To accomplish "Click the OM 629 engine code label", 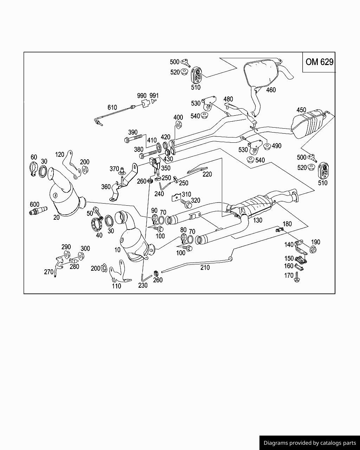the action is (320, 62).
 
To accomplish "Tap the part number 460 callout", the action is (271, 90).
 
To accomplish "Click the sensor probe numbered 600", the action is (38, 211).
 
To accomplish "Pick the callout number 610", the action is (112, 108).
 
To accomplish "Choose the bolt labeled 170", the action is (297, 277).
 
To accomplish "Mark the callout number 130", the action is (257, 220).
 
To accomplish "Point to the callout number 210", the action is (205, 268).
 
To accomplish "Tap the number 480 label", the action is (228, 99).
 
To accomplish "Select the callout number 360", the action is (106, 187).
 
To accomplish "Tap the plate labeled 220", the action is (197, 170).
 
